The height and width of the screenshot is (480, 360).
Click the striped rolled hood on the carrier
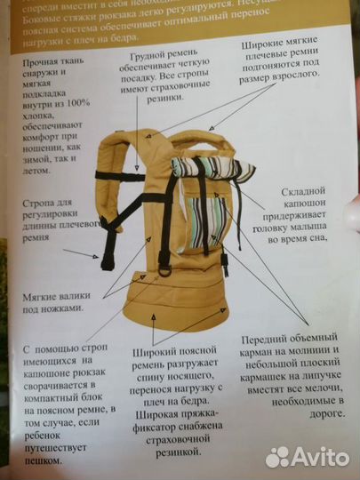pyautogui.click(x=210, y=169)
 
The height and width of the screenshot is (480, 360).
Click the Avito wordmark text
pyautogui.click(x=316, y=456)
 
